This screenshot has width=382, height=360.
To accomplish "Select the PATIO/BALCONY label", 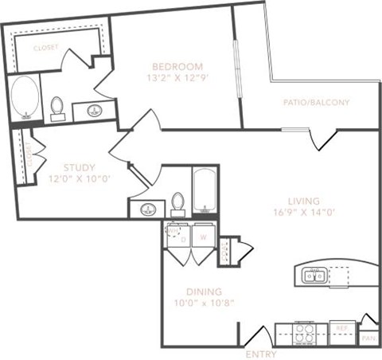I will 316,103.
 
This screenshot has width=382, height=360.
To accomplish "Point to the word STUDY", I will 78,167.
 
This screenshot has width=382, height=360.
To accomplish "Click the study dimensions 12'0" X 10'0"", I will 78,178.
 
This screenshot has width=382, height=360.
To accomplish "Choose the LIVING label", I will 305,200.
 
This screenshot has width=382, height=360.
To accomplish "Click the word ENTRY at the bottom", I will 260,354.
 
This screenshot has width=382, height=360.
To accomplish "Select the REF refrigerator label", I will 341,327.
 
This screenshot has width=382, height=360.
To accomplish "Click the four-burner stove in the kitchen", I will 305,331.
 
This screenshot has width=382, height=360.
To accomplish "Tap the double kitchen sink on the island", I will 312,276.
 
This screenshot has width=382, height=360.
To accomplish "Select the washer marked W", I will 203,237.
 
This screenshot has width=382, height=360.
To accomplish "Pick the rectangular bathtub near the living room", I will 205,192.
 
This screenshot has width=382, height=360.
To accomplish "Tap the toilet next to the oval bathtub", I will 57,108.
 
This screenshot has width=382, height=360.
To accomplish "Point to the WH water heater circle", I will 173,232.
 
